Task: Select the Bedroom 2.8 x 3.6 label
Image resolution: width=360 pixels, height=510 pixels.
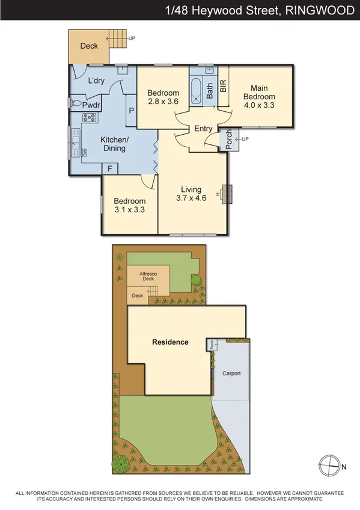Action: (163, 97)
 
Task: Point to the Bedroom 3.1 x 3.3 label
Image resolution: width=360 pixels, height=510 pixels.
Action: (129, 205)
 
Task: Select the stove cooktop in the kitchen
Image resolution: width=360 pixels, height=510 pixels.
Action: (90, 118)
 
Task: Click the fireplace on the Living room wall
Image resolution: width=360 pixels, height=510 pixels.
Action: (227, 194)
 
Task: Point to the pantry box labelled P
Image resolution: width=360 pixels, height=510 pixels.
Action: (131, 111)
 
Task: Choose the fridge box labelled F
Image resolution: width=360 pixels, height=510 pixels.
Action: (110, 169)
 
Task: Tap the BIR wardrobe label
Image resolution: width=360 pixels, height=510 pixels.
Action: (223, 85)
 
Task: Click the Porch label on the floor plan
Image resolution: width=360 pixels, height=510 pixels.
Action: (228, 140)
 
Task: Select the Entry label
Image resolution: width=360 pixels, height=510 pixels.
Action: (203, 129)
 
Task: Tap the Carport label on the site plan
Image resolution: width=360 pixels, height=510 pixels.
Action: (231, 373)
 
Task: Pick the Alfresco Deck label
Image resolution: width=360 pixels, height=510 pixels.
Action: (148, 275)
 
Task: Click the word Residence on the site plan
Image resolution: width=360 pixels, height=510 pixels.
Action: (170, 342)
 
